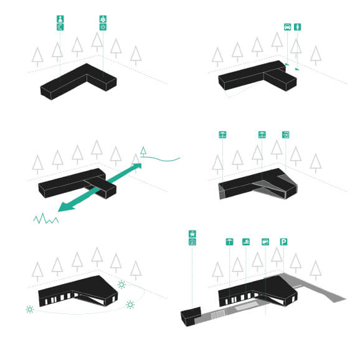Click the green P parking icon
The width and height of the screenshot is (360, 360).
point(283,242)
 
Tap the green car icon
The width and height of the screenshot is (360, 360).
point(288,27)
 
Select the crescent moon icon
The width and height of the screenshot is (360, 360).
point(60,27)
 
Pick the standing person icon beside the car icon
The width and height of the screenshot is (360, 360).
point(298,27)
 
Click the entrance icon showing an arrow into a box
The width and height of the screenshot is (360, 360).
point(286,135)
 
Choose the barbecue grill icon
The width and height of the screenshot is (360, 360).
point(192,234)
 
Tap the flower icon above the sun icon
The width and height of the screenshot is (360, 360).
point(103,19)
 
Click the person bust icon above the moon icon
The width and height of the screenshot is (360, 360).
point(60,19)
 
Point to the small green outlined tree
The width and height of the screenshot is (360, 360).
point(143,151)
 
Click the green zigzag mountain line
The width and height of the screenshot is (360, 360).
point(46,219)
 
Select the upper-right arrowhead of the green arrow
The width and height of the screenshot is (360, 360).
point(137,166)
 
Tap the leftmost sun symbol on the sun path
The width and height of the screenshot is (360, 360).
point(30,310)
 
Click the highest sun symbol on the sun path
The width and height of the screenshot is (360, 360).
point(121,285)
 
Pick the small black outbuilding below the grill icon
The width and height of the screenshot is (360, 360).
point(191,316)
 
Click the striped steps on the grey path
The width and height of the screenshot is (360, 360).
point(218,315)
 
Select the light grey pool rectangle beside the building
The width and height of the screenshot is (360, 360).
point(246,306)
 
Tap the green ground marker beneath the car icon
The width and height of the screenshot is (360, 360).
point(287,64)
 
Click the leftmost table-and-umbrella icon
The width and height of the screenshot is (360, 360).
point(222,135)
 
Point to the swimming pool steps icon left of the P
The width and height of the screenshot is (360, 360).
point(246,242)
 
